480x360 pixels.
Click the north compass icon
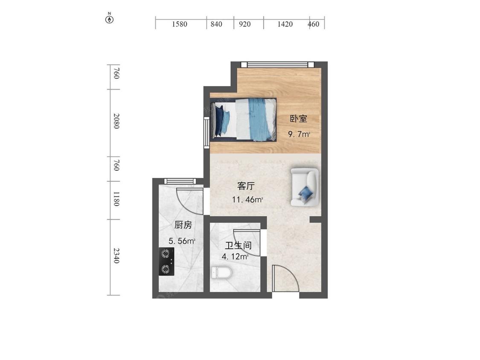pyautogui.click(x=110, y=19)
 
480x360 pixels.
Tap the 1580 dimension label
pyautogui.click(x=180, y=24)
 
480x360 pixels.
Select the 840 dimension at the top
pyautogui.click(x=216, y=24)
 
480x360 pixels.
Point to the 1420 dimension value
pyautogui.click(x=285, y=24)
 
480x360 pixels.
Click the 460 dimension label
pyautogui.click(x=314, y=24)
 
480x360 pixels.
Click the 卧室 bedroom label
pyautogui.click(x=299, y=119)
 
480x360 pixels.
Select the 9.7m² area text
pyautogui.click(x=299, y=134)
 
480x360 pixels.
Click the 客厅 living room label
pyautogui.click(x=246, y=186)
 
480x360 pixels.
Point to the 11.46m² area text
pyautogui.click(x=247, y=199)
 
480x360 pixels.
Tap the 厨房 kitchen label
pyautogui.click(x=182, y=225)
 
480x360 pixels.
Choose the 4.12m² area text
pyautogui.click(x=235, y=257)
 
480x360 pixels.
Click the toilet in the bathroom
pyautogui.click(x=221, y=272)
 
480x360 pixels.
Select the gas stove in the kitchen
pyautogui.click(x=166, y=261)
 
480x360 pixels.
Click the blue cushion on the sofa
pyautogui.click(x=306, y=193)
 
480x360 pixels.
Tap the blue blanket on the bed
pyautogui.click(x=259, y=119)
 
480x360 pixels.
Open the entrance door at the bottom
pyautogui.click(x=285, y=279)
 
